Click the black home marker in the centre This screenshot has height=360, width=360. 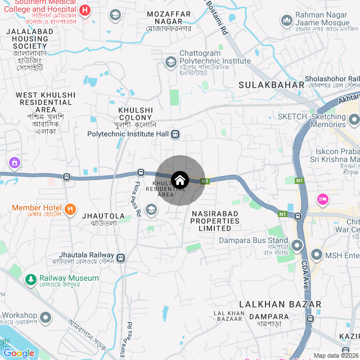[x=179, y=181]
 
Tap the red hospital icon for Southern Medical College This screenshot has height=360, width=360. [x=84, y=10]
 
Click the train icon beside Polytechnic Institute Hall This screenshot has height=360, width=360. [x=175, y=134]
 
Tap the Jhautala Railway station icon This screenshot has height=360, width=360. [x=121, y=258]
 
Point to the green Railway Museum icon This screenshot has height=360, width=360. [x=30, y=279]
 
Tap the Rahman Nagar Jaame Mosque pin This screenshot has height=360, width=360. [x=285, y=20]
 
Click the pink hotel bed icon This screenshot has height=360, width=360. [x=323, y=199]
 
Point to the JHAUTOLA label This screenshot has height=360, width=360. [x=103, y=216]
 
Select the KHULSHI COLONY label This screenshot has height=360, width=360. [x=136, y=114]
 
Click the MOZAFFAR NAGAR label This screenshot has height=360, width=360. [x=169, y=13]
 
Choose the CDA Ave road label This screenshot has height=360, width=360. [x=305, y=273]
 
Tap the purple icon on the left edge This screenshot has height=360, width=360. [x=14, y=163]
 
